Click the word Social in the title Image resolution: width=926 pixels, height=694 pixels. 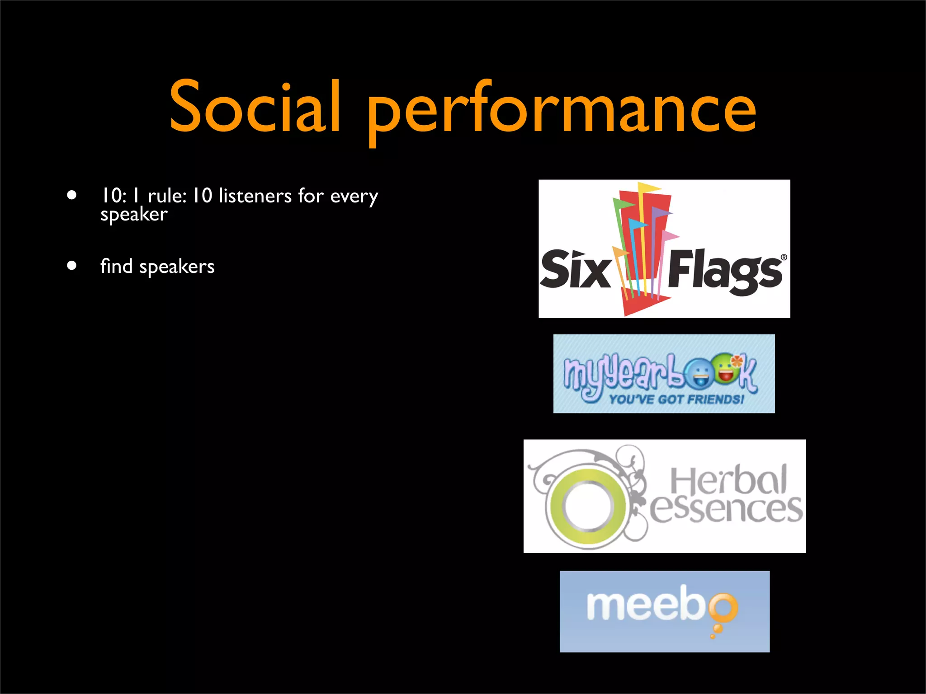coord(255,107)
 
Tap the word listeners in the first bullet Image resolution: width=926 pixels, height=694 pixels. coord(255,196)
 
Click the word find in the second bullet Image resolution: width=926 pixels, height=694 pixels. coord(116,266)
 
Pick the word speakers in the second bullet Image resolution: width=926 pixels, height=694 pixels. coord(177,267)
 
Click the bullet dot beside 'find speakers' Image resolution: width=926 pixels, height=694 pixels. coord(71,265)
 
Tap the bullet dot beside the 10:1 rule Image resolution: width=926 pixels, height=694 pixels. coord(71,195)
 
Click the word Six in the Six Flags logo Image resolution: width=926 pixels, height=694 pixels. coord(575,269)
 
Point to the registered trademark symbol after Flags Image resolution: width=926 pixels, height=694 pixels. coord(784,258)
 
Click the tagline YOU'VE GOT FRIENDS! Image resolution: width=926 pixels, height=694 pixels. coord(676,399)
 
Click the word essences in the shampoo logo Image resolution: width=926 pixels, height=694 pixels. coord(726,510)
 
